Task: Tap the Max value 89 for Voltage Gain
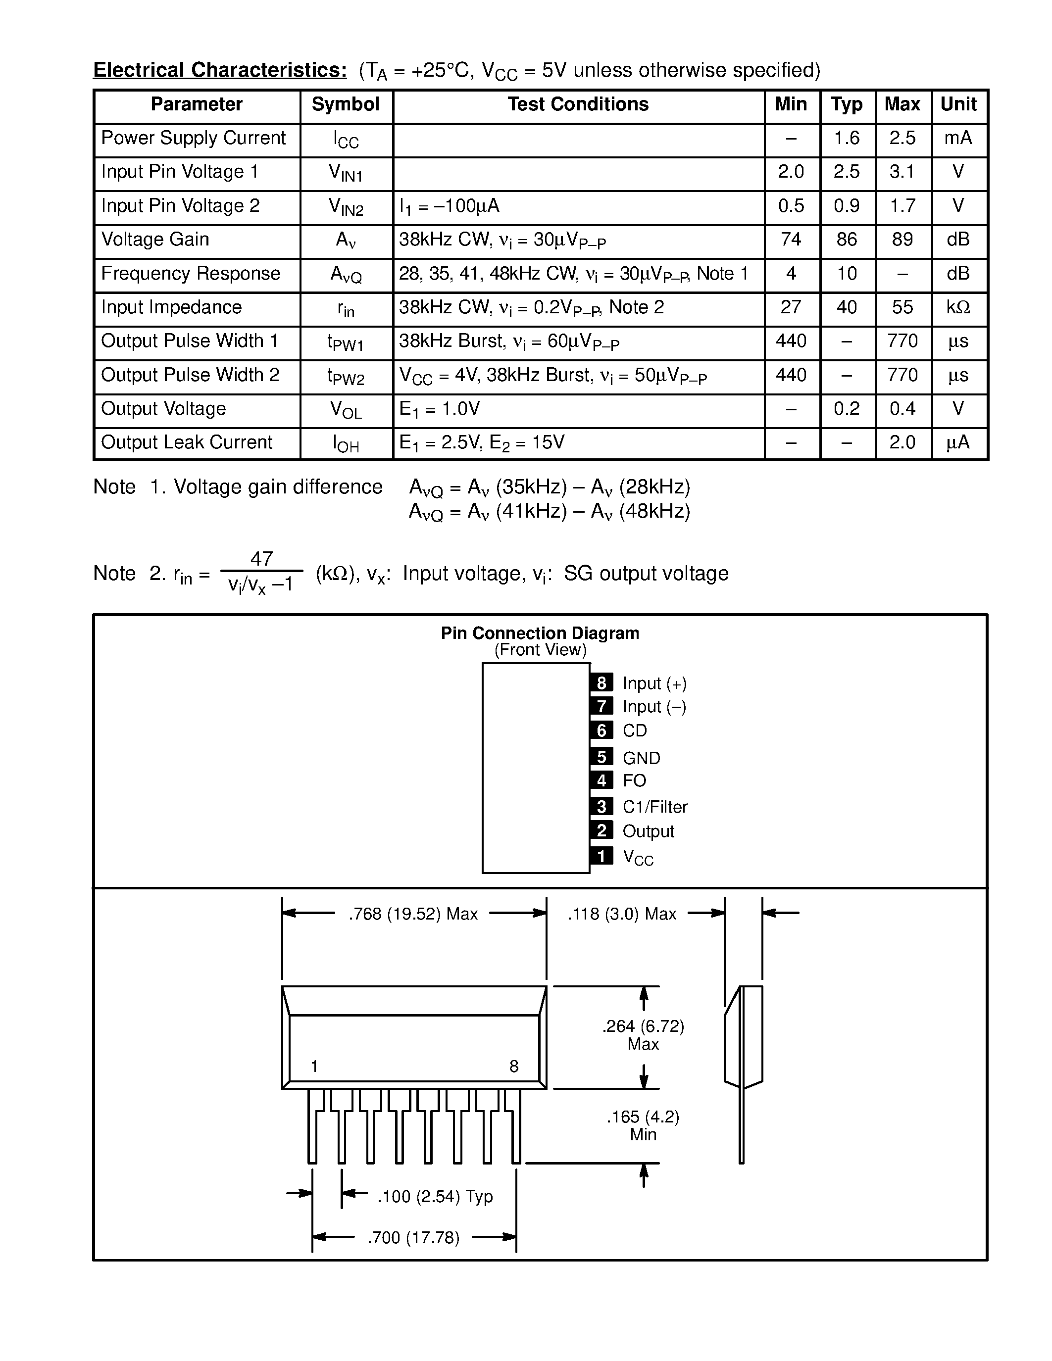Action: click(x=902, y=240)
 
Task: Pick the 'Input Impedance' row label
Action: click(x=171, y=307)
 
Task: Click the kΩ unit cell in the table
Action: click(x=958, y=307)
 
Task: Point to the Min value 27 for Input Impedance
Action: click(x=791, y=307)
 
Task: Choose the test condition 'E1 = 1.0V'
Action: click(x=440, y=409)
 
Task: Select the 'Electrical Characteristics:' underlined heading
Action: click(x=220, y=70)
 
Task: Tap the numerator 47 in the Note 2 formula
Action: click(x=262, y=558)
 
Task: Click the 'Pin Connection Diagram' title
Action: click(x=540, y=633)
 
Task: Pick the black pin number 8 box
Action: click(x=601, y=683)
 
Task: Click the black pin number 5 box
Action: click(x=601, y=757)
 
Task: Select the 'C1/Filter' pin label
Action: click(x=655, y=807)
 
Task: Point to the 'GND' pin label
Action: click(x=641, y=758)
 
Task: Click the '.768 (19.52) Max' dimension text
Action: click(x=413, y=914)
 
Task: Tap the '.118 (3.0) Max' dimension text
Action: click(x=621, y=914)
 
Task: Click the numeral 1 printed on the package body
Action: click(x=315, y=1067)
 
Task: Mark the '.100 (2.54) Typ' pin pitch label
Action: click(x=435, y=1197)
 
